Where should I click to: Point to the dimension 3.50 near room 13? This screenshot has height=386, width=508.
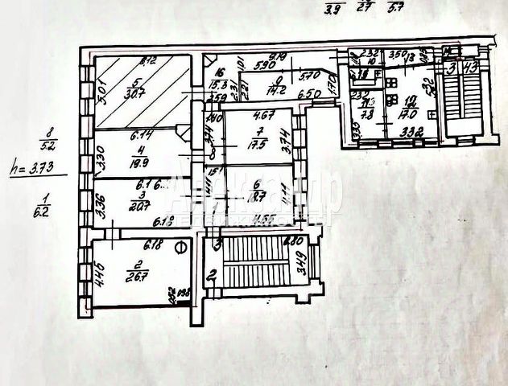[x=399, y=55]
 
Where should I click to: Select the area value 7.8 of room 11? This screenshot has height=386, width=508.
[x=366, y=114]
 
